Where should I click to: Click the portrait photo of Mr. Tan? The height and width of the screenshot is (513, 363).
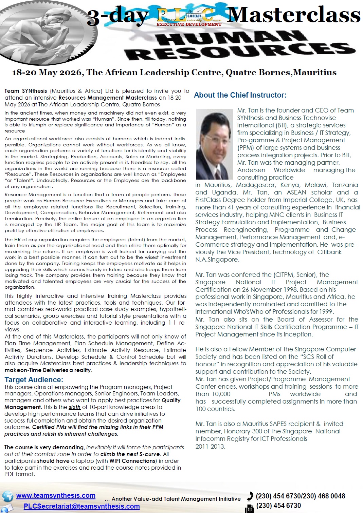(x=216, y=144)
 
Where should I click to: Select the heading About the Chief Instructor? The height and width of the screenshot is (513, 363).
(x=240, y=95)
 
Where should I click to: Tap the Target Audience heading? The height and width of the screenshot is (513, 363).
(x=34, y=380)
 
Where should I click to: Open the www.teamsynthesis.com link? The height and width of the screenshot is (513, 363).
(x=56, y=495)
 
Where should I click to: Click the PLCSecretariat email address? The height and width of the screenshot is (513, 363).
(x=81, y=506)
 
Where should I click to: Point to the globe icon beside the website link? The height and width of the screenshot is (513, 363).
(x=7, y=496)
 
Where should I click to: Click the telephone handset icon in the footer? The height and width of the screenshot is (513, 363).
(x=250, y=496)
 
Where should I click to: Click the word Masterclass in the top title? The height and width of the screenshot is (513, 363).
(x=294, y=15)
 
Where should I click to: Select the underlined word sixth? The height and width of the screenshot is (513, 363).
(x=75, y=407)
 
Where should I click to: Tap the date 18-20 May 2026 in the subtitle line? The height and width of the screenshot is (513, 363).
(x=47, y=73)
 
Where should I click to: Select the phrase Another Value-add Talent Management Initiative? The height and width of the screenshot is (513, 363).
(x=176, y=499)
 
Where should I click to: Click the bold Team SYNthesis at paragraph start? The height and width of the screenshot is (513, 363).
(x=26, y=91)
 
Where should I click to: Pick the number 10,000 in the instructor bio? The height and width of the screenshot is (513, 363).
(x=221, y=394)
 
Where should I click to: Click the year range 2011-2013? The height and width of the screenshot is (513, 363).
(x=210, y=446)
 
